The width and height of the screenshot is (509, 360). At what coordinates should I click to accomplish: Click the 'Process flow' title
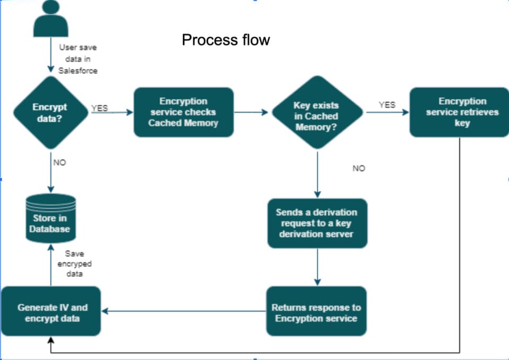(226, 40)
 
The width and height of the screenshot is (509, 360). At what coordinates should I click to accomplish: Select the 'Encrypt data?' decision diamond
(50, 113)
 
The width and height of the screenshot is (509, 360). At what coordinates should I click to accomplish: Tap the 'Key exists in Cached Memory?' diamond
(317, 112)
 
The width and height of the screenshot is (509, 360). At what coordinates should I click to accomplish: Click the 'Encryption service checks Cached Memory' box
(183, 112)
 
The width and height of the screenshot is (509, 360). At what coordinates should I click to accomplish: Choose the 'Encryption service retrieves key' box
(459, 112)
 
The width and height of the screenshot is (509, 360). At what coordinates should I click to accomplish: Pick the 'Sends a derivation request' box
(317, 223)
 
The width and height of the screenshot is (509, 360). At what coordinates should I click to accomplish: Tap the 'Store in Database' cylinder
(51, 218)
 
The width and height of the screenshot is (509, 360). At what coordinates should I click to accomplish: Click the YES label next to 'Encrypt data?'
(99, 108)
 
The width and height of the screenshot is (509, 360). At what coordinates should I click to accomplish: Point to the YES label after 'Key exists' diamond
(387, 105)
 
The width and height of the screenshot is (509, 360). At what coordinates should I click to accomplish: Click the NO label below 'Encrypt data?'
(59, 162)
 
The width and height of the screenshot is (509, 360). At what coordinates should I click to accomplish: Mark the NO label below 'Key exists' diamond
(359, 168)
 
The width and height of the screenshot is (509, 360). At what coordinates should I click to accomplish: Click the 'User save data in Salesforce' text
(78, 59)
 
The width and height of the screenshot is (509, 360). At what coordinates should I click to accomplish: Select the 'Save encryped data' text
(78, 264)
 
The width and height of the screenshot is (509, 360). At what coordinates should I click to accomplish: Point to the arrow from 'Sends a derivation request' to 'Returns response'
(317, 267)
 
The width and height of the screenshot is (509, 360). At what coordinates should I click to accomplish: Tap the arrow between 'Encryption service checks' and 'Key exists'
(252, 112)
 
